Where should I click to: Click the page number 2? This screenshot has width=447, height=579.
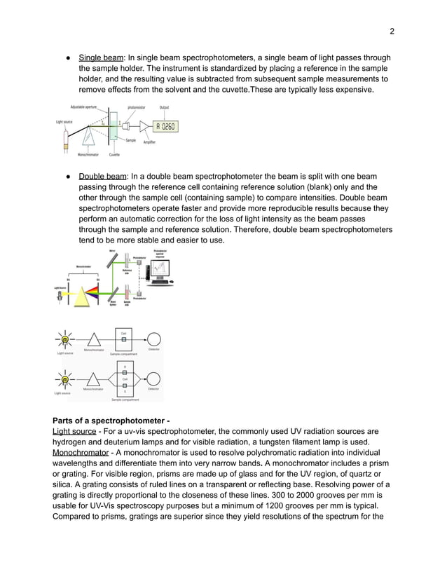click(392, 31)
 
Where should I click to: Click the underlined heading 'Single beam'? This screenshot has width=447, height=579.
click(101, 57)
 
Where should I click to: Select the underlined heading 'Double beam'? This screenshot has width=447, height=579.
click(102, 177)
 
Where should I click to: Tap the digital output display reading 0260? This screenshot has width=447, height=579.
click(165, 127)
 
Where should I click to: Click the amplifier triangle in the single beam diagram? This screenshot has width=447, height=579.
click(145, 127)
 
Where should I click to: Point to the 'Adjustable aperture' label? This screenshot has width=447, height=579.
click(83, 107)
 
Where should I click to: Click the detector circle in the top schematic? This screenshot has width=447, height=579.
click(153, 339)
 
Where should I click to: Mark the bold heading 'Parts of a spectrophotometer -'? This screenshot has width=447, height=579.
click(111, 419)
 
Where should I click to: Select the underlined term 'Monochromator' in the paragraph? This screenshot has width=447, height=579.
click(81, 453)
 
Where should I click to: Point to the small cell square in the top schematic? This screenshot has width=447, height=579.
click(124, 339)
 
